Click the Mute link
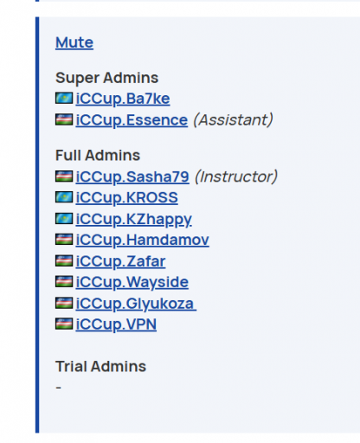click(x=74, y=42)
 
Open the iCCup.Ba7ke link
click(x=123, y=99)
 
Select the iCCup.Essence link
click(x=132, y=120)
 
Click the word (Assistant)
click(x=233, y=119)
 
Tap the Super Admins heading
click(x=107, y=78)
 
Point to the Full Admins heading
click(x=98, y=155)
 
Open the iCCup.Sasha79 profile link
click(x=132, y=177)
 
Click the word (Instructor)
click(x=236, y=177)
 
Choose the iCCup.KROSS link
click(x=127, y=197)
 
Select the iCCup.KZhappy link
click(x=134, y=219)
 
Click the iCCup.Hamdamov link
click(x=143, y=240)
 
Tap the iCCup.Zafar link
click(x=120, y=261)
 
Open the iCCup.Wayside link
click(x=132, y=282)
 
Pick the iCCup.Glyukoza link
click(x=136, y=304)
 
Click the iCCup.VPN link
click(x=116, y=324)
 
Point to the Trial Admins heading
click(x=100, y=367)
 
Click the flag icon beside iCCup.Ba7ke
click(x=64, y=98)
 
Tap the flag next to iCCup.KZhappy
click(x=64, y=219)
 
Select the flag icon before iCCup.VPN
click(x=64, y=324)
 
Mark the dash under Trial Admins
click(x=58, y=388)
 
